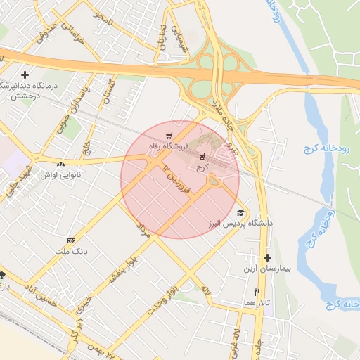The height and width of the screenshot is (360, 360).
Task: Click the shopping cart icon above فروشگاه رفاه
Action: (168, 136)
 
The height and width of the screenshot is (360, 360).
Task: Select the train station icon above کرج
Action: (202, 155)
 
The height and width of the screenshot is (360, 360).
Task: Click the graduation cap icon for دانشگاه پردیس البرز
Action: (240, 212)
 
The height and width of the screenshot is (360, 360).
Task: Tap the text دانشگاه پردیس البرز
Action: (240, 223)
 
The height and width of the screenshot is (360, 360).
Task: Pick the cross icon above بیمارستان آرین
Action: (267, 257)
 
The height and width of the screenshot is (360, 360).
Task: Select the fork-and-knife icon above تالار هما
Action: (257, 292)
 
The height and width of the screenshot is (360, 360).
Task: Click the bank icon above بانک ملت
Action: (70, 240)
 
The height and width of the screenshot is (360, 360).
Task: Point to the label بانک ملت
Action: (69, 251)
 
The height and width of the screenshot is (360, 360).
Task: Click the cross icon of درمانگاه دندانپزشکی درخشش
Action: (25, 74)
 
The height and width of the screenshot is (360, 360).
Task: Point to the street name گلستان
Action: (108, 91)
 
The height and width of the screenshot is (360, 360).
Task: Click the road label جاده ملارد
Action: (224, 112)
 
